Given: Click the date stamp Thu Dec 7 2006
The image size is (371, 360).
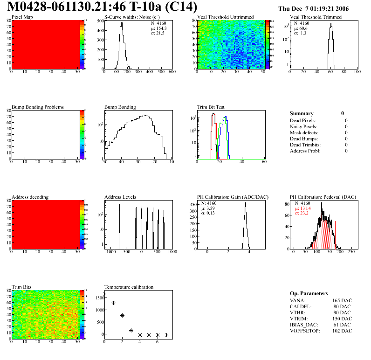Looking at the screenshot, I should click(313, 9).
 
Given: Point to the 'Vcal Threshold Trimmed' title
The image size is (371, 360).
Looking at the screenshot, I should click(316, 17).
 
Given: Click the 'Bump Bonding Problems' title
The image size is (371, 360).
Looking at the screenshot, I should click(38, 107).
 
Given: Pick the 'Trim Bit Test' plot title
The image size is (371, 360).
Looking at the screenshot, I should click(211, 107).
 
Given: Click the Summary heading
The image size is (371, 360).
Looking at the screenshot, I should click(302, 113).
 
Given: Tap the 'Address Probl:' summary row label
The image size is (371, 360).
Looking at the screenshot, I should click(305, 151).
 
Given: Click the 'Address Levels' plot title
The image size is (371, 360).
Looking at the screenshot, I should click(120, 197).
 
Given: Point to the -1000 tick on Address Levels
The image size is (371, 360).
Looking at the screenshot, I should click(110, 252).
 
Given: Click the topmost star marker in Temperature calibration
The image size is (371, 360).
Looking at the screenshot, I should click(104, 294).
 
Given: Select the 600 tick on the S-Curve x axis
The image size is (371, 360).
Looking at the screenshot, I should click(172, 72).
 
